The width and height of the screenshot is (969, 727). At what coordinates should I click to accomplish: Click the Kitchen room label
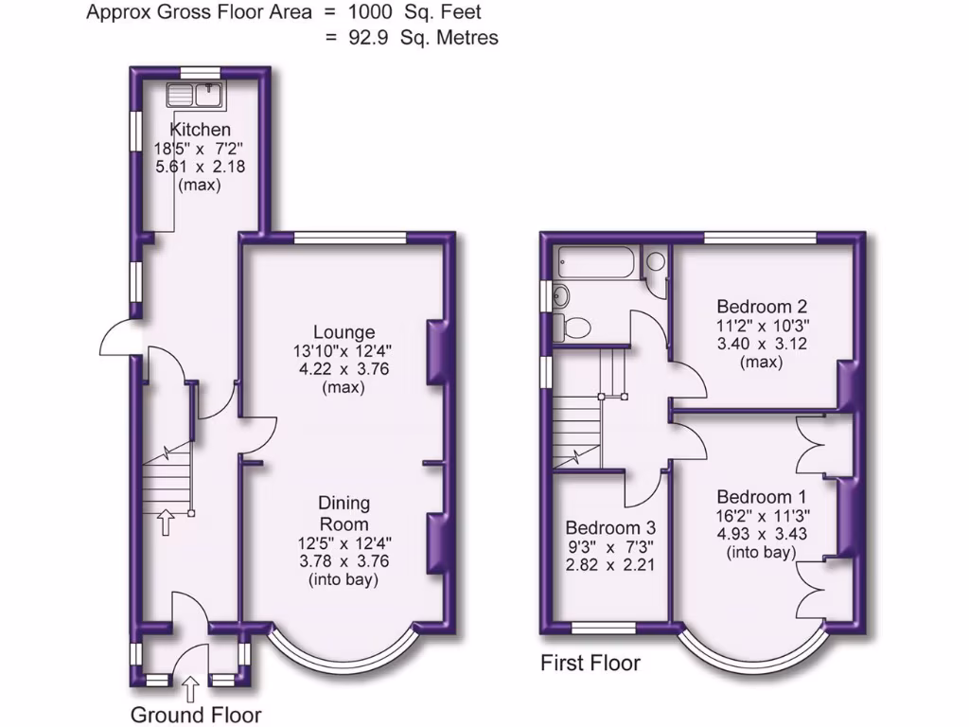200,130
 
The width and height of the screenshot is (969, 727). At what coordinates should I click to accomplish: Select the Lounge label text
344,332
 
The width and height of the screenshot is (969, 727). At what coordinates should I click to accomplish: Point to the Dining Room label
344,513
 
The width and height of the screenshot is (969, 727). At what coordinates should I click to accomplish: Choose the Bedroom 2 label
762,307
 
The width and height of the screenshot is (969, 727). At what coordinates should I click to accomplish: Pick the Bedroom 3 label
610,528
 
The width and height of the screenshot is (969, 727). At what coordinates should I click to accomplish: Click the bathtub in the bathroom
597,262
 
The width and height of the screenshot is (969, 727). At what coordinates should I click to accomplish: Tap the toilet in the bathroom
574,328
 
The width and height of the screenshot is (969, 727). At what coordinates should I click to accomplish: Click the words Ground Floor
196,714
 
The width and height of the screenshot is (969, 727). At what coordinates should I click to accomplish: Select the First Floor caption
590,663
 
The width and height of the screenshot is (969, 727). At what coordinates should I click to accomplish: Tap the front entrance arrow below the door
189,686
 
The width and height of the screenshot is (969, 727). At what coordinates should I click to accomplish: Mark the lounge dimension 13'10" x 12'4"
344,351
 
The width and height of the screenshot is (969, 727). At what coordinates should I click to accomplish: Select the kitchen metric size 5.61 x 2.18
200,167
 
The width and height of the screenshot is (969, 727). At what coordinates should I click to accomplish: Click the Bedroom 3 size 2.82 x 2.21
610,565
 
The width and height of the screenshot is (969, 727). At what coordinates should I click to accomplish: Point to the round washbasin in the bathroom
559,294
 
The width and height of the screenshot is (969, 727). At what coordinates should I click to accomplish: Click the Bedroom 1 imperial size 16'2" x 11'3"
762,517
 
